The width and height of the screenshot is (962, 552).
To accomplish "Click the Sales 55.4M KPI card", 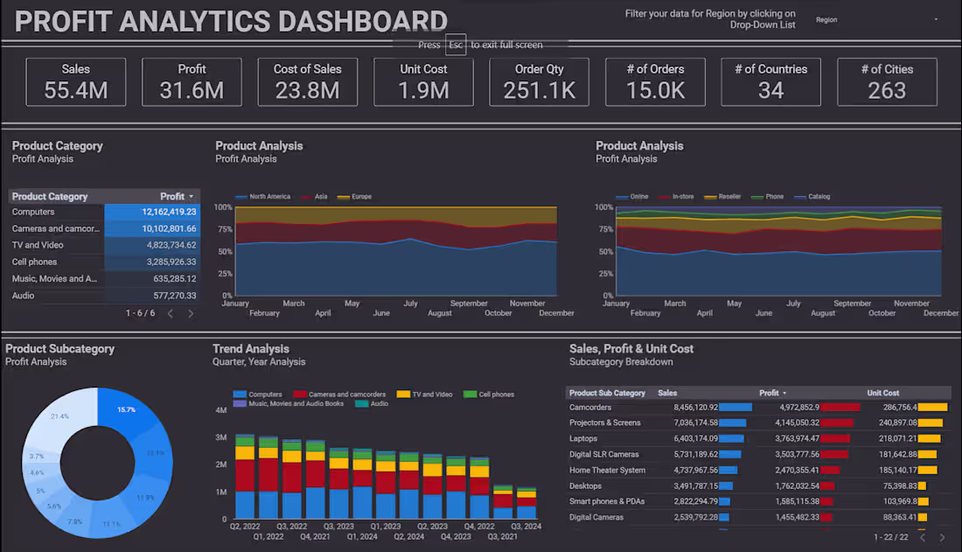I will pos(76,81).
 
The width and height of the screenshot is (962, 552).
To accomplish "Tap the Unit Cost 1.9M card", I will pos(423,81).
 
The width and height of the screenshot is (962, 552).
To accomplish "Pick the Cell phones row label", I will pos(34,262).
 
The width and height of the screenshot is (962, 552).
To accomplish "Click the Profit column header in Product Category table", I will pos(172,197).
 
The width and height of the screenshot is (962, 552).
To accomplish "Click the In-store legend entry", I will pos(683,197).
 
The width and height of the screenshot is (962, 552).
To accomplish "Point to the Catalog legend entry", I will pos(819,197).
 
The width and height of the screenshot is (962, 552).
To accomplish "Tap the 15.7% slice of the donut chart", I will pos(127,409).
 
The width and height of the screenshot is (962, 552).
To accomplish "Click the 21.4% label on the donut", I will pos(60,416).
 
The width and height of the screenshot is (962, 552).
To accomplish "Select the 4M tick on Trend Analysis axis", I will pos(221,409).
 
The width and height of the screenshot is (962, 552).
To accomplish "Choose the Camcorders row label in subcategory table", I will pos(590,407).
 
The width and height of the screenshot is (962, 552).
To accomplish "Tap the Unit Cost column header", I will pos(882,393).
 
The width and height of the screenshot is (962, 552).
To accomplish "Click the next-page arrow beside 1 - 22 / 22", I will pos(943,537).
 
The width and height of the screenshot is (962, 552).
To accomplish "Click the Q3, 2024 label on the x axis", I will pos(526,527).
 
